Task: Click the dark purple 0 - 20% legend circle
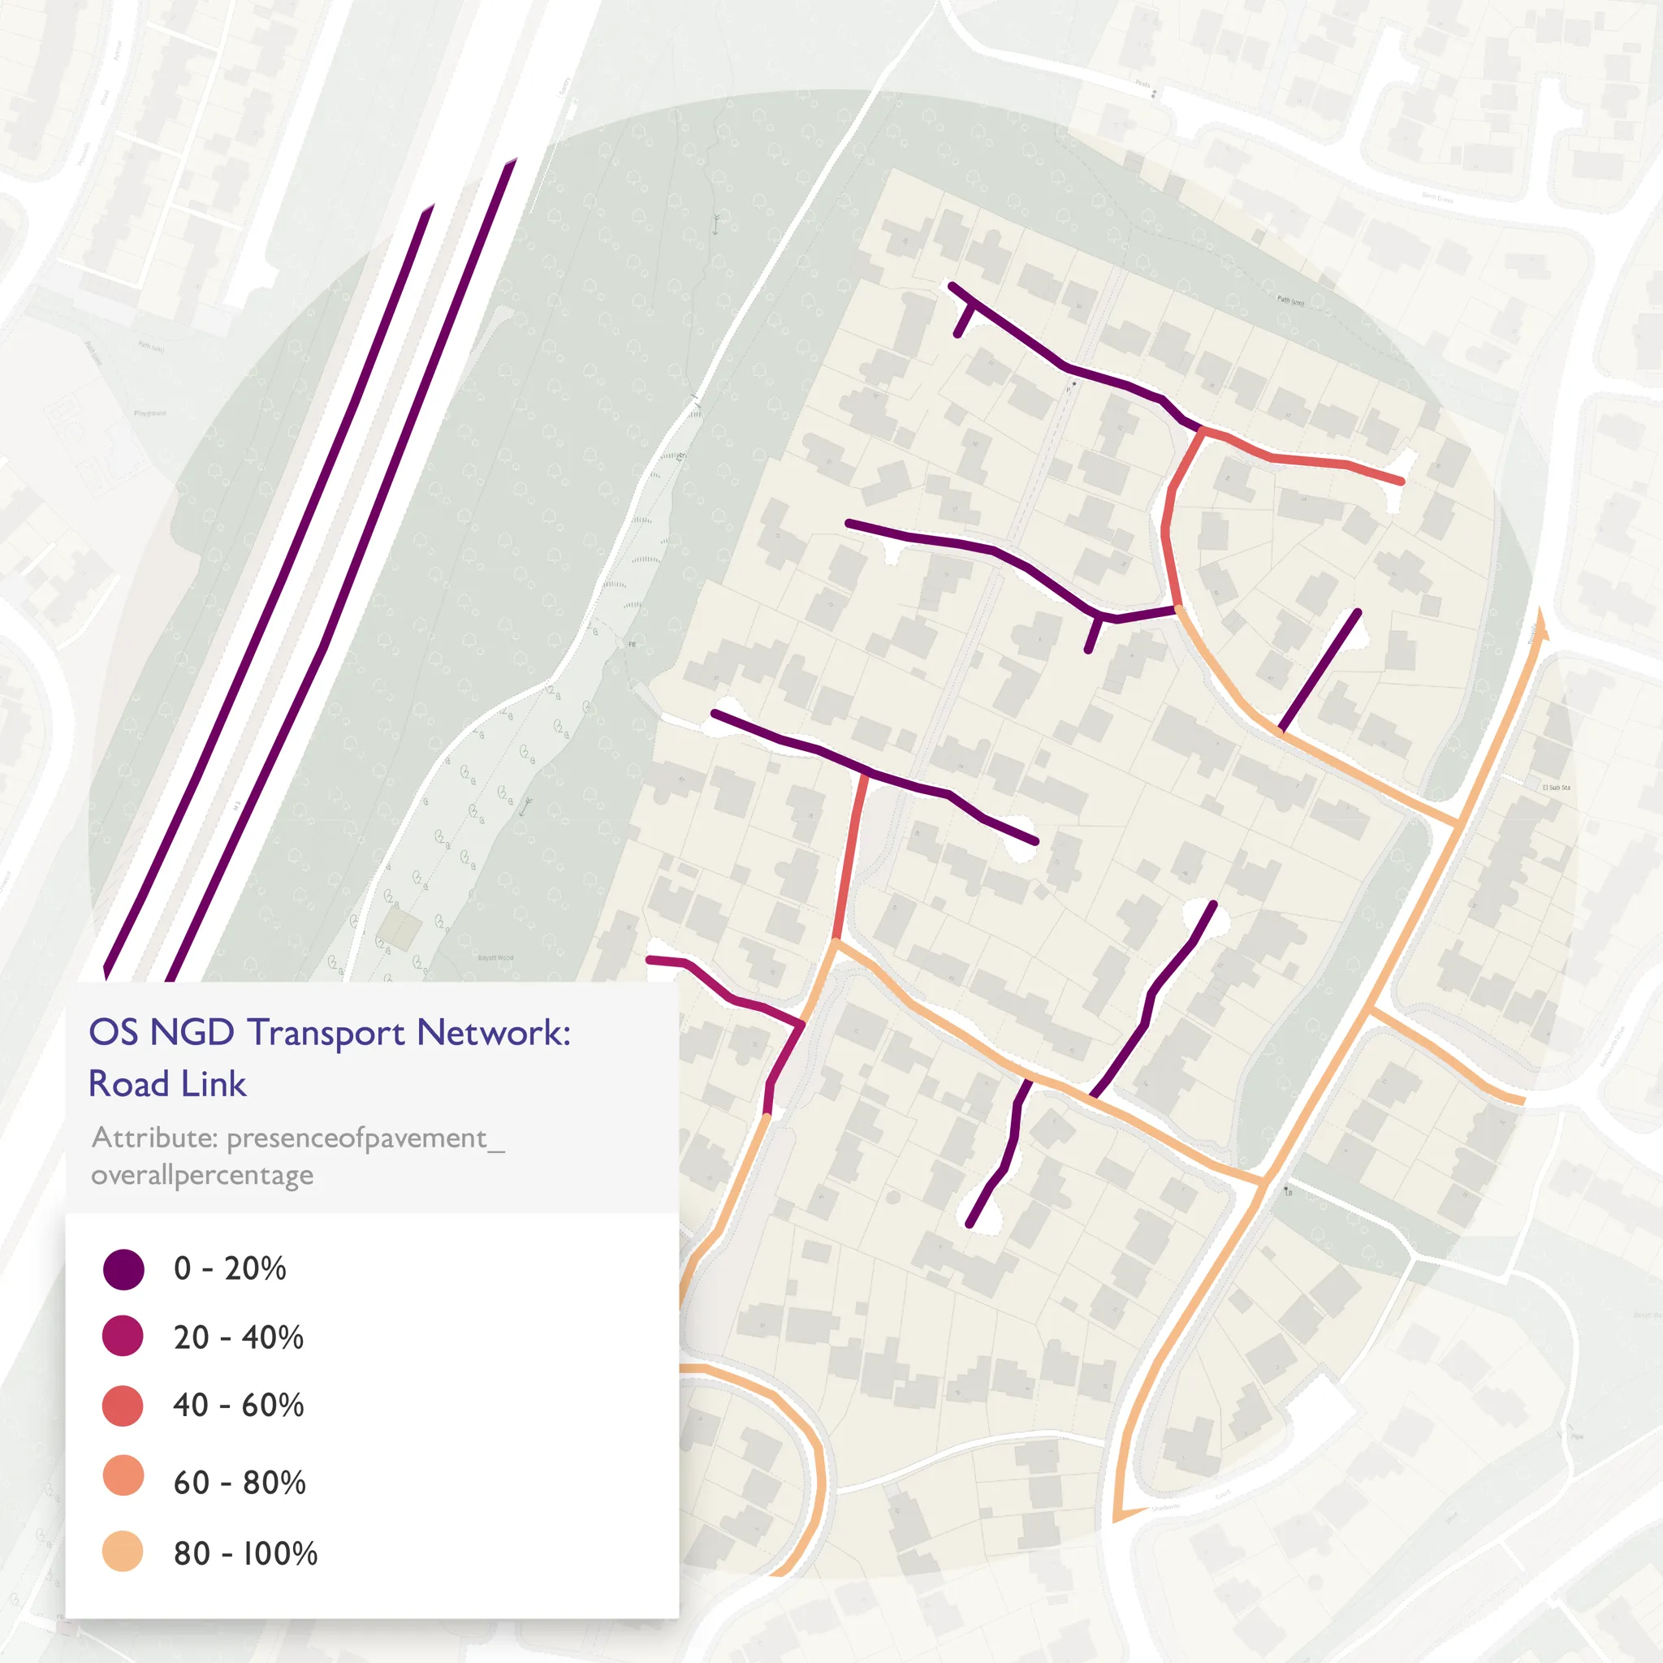[x=123, y=1269]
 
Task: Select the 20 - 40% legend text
[x=239, y=1337]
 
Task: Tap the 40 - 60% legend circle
[x=123, y=1406]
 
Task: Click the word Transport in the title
[x=326, y=1033]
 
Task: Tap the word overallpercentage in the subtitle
[x=202, y=1175]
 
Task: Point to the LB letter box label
[x=1289, y=1193]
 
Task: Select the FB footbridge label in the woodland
[x=633, y=645]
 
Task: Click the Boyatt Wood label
[x=495, y=957]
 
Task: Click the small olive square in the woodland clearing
[x=399, y=930]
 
